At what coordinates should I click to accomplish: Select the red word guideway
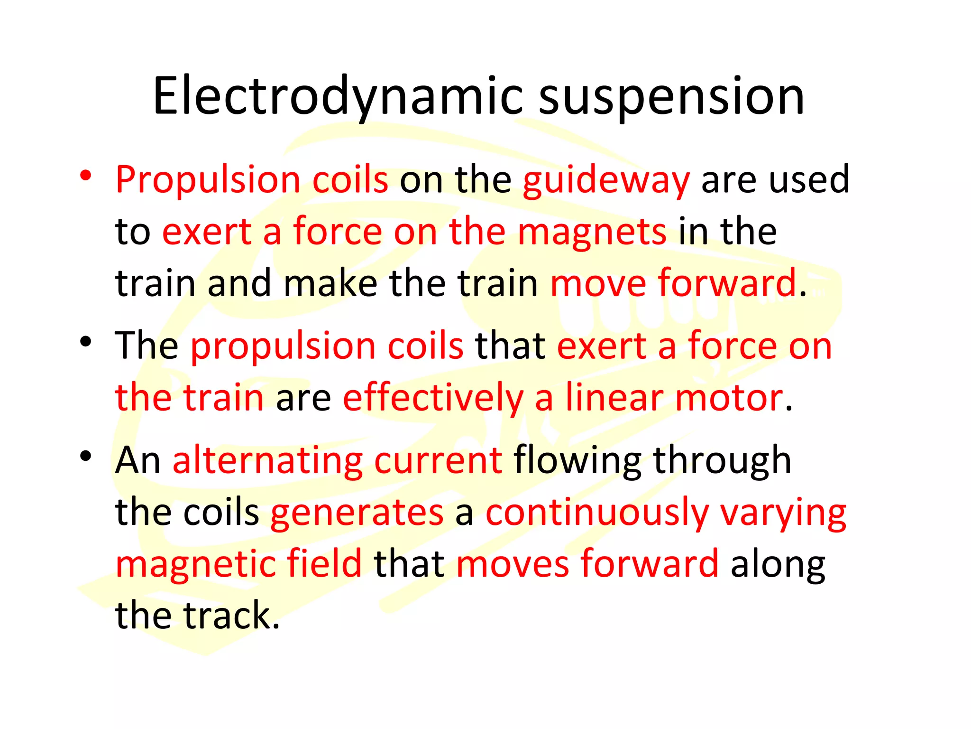click(606, 180)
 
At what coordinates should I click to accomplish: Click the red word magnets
click(592, 232)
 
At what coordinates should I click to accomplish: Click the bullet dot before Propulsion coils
click(85, 176)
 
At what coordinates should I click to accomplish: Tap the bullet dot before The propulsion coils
click(85, 341)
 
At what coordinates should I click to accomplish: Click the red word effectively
click(432, 398)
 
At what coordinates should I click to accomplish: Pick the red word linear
click(614, 398)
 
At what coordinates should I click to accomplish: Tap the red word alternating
click(267, 460)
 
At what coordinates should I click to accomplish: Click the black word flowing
click(577, 460)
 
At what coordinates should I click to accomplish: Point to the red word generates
click(357, 513)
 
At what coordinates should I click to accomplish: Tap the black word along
click(778, 564)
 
